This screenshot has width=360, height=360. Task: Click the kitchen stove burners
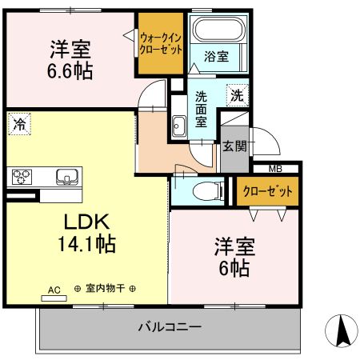[21, 177]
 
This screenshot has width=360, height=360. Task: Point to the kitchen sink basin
[65, 176]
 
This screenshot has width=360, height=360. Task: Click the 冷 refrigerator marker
[17, 124]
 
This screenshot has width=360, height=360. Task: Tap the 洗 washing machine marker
[237, 94]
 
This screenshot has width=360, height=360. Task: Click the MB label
[275, 168]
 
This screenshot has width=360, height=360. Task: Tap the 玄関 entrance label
[234, 146]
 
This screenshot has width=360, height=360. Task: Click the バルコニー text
[169, 326]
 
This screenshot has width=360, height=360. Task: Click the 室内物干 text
[106, 290]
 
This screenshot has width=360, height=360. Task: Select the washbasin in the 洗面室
[178, 125]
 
